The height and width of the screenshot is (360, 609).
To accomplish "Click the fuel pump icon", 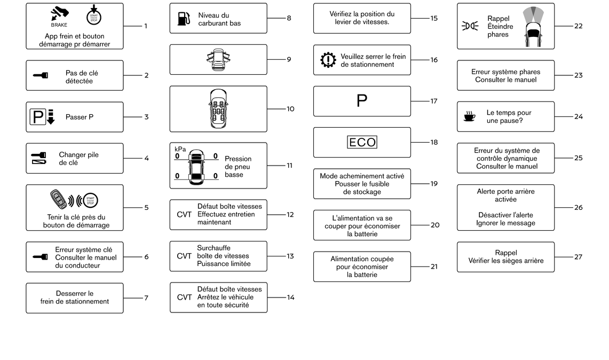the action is [x=184, y=19].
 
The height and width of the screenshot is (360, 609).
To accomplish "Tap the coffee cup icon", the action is [x=470, y=116].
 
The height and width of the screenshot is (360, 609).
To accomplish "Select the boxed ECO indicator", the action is [x=362, y=142].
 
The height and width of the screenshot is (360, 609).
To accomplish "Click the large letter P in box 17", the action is [x=362, y=101].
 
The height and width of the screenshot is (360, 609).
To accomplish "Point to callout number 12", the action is [x=290, y=215].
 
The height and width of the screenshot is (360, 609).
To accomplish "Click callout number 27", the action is [x=579, y=257].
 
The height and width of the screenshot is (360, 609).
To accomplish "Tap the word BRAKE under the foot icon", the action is [x=59, y=25].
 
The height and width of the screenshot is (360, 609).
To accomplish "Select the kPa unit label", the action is [x=180, y=149].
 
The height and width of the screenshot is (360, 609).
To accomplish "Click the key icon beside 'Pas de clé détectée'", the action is [x=41, y=75].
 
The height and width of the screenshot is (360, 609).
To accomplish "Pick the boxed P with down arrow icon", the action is [x=42, y=116].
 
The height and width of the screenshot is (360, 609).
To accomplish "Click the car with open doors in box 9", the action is [x=218, y=59].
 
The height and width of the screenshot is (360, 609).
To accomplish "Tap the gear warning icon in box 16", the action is [x=328, y=60].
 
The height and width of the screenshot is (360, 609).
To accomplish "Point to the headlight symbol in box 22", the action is [x=470, y=26].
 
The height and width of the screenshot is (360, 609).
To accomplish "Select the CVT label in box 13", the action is [x=184, y=256].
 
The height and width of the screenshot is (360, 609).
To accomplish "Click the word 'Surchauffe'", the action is [x=213, y=248].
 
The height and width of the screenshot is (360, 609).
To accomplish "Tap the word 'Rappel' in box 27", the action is [x=506, y=253].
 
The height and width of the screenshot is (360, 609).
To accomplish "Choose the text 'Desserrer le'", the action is [x=75, y=294].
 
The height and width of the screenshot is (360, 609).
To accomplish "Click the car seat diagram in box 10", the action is [x=218, y=109].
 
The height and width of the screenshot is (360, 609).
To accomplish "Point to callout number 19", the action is [x=434, y=184].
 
